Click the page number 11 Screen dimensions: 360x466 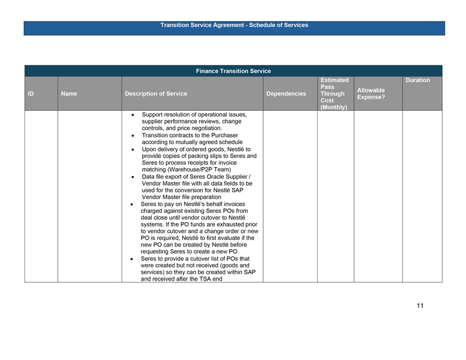click(419, 306)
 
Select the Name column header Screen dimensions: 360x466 click(69, 94)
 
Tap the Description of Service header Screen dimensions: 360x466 click(156, 94)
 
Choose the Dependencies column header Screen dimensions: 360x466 click(287, 94)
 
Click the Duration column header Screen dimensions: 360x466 click(418, 81)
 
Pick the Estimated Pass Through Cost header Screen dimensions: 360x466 click(334, 94)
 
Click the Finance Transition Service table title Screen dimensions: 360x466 click(233, 71)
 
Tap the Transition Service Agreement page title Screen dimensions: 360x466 click(234, 25)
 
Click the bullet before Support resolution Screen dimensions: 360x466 click(132, 115)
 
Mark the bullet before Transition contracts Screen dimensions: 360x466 click(132, 136)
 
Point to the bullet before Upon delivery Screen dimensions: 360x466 click(132, 149)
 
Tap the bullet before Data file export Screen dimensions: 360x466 click(132, 177)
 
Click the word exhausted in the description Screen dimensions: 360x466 click(226, 224)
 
